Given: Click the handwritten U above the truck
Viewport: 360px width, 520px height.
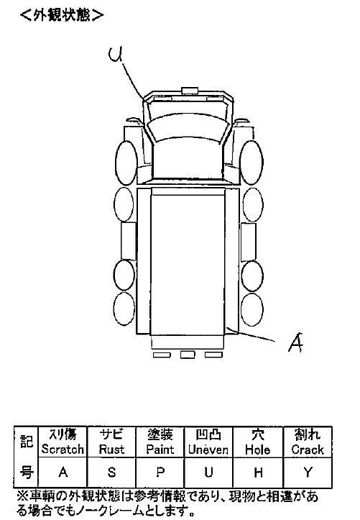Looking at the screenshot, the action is (x=116, y=55).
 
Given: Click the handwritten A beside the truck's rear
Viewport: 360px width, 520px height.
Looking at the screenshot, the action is (x=296, y=342).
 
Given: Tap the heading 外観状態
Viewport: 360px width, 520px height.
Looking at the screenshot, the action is (x=62, y=15).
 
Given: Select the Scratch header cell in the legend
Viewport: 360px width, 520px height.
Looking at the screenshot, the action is (x=63, y=442).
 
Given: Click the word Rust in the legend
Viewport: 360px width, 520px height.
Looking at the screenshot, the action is (x=111, y=450).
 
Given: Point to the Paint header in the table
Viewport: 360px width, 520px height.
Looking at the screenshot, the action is (x=160, y=442).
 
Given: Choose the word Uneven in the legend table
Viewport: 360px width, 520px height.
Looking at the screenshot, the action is (x=208, y=450).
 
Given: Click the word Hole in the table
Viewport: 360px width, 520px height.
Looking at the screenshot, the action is (x=258, y=450).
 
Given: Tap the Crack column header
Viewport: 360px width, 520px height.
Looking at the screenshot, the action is (x=308, y=442).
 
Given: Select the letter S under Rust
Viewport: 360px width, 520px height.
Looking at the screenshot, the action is (x=112, y=472).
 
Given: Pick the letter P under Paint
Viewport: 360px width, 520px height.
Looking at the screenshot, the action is (x=160, y=472).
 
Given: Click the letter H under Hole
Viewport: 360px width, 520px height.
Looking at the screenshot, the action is (x=259, y=473).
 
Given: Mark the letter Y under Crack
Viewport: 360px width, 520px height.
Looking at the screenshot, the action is (x=308, y=473).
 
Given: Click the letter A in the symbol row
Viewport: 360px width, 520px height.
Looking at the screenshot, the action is (x=63, y=472).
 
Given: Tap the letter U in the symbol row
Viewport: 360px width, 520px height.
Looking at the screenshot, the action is (x=208, y=472).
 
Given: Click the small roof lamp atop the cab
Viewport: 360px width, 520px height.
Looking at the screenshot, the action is (x=190, y=91).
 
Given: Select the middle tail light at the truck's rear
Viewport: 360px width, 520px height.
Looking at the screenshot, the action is (x=188, y=355).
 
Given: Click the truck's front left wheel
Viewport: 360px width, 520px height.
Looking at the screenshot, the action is (x=126, y=163).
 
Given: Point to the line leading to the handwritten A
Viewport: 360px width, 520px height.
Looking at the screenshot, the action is (x=250, y=334).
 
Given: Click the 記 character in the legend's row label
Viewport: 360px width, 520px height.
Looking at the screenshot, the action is (x=27, y=442).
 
